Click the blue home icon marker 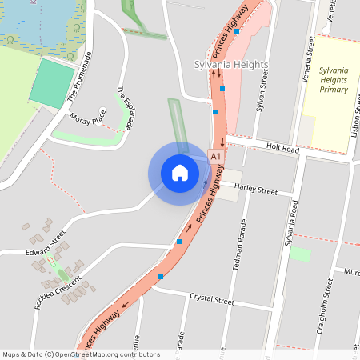tap(180, 173)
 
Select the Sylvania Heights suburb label tap(231, 64)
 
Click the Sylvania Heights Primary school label tap(333, 80)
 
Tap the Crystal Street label tap(212, 302)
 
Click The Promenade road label tap(80, 76)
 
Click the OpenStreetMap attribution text tap(80, 354)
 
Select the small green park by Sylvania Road tap(300, 254)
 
